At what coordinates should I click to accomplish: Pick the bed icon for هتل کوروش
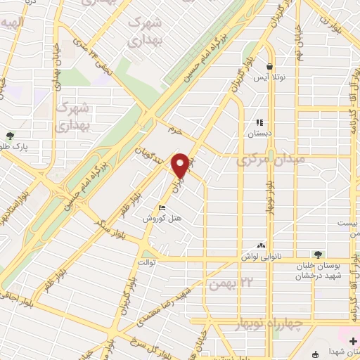162,208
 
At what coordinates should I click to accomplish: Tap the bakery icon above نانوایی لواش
262,245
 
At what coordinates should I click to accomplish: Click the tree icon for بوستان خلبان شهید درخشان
319,255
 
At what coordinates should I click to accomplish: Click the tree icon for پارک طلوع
9,136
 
